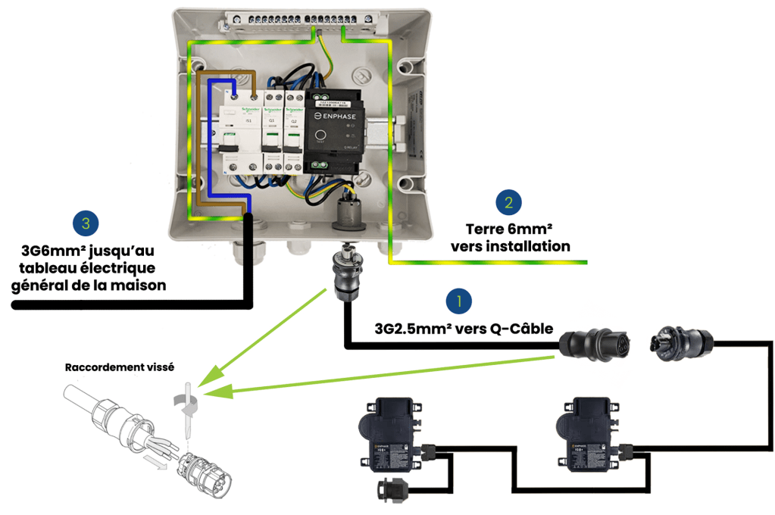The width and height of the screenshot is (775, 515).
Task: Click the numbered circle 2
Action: coord(508,202)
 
